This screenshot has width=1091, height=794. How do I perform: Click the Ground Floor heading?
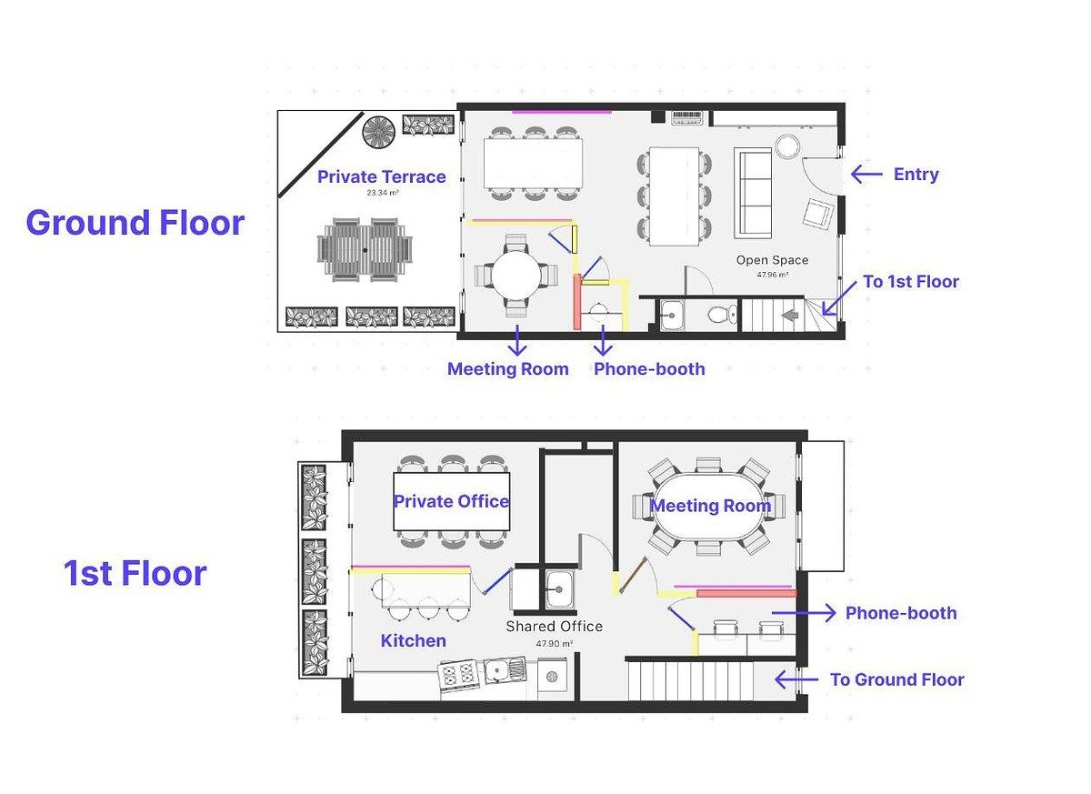click(x=135, y=223)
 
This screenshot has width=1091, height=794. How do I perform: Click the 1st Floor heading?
click(x=135, y=573)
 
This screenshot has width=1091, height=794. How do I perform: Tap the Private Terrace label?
click(x=381, y=176)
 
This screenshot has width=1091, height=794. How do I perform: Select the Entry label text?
click(x=916, y=175)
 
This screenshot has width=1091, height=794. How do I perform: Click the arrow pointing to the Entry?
click(x=866, y=174)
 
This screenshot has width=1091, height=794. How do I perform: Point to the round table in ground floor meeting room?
click(x=515, y=276)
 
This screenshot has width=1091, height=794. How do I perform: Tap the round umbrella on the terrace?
click(x=378, y=132)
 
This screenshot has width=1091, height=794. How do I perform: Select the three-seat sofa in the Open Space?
click(x=753, y=193)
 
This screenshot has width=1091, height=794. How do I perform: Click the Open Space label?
click(x=772, y=260)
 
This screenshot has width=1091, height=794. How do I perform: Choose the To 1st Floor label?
click(x=911, y=282)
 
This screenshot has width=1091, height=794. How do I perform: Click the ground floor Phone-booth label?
click(x=649, y=368)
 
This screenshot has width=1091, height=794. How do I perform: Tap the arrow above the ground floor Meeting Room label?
click(x=516, y=340)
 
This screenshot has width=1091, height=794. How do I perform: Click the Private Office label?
click(x=451, y=501)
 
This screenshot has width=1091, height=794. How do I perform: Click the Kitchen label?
click(x=413, y=640)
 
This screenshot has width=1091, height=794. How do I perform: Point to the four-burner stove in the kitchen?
click(x=458, y=674)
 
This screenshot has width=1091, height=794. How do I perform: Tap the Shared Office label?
click(x=555, y=627)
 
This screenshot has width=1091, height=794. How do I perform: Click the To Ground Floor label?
click(x=897, y=679)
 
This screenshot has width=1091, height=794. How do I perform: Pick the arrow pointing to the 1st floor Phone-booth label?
click(x=804, y=613)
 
